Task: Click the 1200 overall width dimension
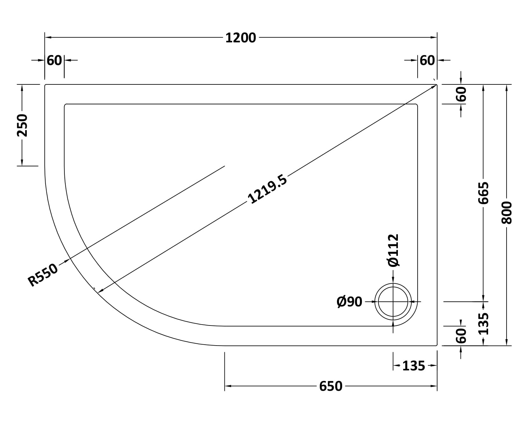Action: (241, 38)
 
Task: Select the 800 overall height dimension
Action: (507, 213)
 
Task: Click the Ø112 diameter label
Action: (393, 250)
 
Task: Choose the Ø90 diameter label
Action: (349, 302)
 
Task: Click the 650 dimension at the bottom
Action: (331, 386)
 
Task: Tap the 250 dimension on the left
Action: (22, 125)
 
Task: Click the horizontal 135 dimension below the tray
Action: (414, 366)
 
